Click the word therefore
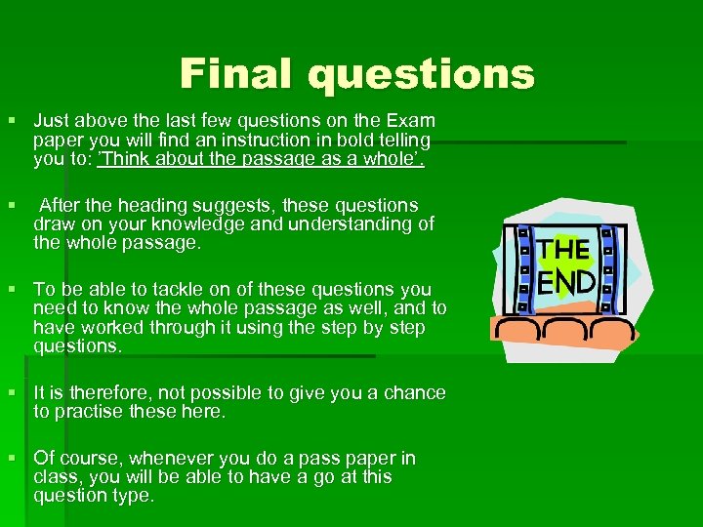click(95, 393)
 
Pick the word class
click(57, 477)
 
